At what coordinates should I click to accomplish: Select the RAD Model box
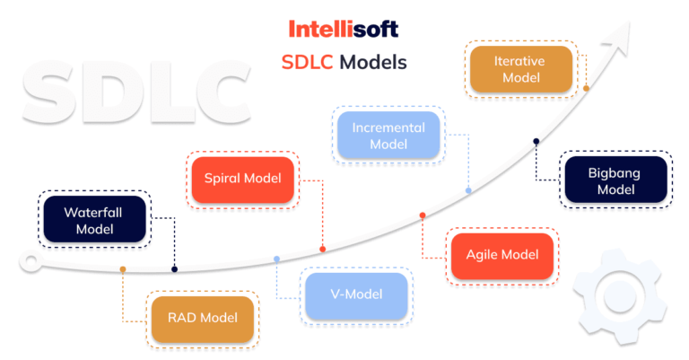pos(202,318)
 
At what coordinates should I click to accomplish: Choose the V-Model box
pos(356,295)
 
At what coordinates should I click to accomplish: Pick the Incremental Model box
pos(388,136)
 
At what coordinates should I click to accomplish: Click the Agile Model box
pos(502,254)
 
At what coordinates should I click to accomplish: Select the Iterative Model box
pos(520,70)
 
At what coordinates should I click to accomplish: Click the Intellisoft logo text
pos(344,29)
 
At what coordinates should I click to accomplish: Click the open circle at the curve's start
pos(31,263)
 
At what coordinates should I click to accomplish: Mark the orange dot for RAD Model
pos(123,269)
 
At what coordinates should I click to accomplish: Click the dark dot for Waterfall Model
pos(175,269)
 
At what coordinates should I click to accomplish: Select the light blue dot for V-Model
pos(276,259)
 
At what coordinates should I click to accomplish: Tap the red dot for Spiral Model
pos(322,249)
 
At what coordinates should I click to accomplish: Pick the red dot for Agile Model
pos(423,215)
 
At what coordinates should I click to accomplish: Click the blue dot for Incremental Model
pos(468,190)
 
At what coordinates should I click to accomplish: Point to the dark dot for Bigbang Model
pos(536,141)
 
